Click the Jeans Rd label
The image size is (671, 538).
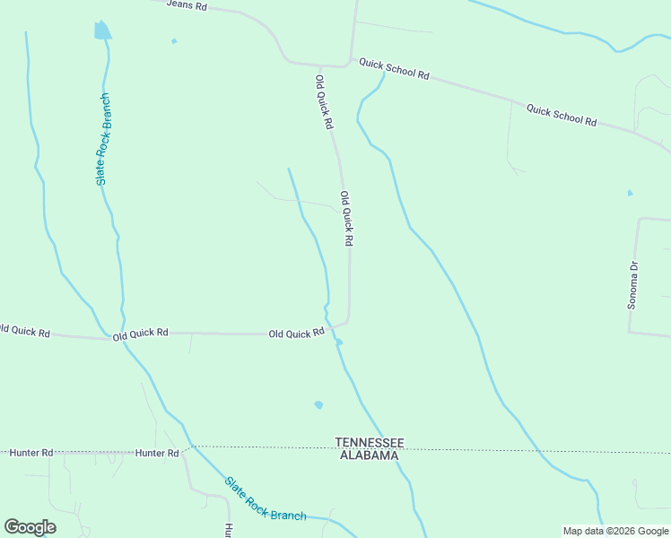[x=187, y=5]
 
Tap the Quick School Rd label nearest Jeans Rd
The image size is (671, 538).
[x=394, y=69]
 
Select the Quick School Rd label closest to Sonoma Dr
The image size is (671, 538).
[x=562, y=115]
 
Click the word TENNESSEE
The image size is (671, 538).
[x=370, y=442]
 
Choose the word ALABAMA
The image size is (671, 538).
[x=369, y=456]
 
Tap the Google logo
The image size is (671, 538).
[x=30, y=527]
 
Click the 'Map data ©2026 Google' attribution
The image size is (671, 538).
[x=615, y=531]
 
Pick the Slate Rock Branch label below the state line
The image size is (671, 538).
[x=265, y=499]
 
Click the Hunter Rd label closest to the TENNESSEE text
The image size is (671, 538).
[x=158, y=453]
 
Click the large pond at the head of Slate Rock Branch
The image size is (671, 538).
[x=102, y=30]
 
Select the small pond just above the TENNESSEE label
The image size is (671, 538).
[x=318, y=405]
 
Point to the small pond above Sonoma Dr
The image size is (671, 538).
[x=630, y=193]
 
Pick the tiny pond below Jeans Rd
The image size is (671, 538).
[x=174, y=40]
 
